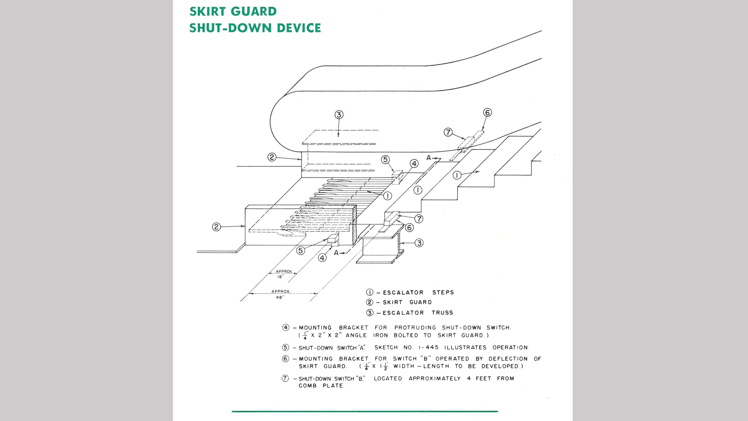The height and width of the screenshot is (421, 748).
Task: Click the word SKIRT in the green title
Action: pos(207,11)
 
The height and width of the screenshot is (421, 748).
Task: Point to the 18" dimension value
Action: pos(280,277)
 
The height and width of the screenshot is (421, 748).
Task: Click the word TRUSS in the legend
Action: pos(442,313)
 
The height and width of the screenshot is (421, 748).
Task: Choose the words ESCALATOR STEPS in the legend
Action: pos(418,292)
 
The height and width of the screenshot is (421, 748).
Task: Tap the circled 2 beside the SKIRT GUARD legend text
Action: pos(369,302)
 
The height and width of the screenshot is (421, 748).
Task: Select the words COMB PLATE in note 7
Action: pos(321,386)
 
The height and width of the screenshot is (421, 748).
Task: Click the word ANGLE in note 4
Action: pos(356,335)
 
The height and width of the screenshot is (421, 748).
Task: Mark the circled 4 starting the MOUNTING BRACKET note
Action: pos(286,328)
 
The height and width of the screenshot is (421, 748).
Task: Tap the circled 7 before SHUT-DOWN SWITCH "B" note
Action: pos(285,379)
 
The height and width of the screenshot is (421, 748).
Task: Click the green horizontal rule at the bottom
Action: pos(365,411)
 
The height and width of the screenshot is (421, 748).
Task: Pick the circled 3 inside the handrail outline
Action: pos(339,115)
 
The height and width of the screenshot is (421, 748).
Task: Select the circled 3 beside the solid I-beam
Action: pos(419,243)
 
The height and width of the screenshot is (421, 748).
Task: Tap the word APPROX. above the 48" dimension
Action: pos(281,291)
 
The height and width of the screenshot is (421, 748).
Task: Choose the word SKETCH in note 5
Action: pos(386,347)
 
